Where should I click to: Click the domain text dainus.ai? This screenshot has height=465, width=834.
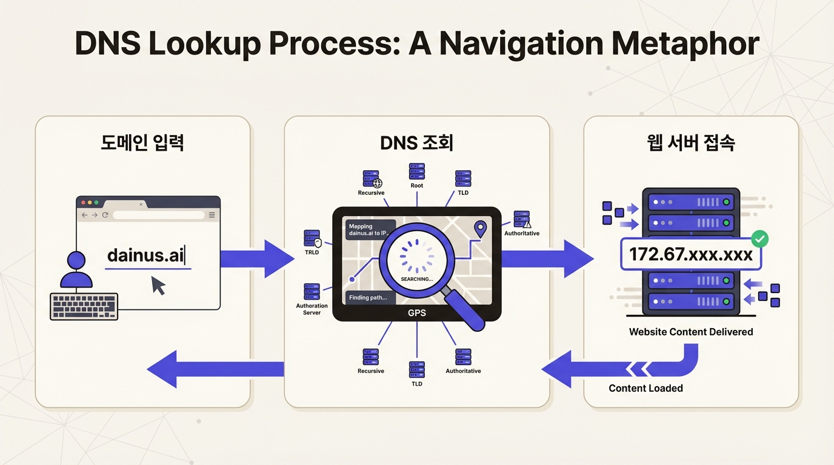pyautogui.click(x=145, y=256)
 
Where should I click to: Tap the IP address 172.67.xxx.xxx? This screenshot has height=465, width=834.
pyautogui.click(x=690, y=254)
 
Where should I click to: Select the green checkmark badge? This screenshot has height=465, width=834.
pyautogui.click(x=759, y=239)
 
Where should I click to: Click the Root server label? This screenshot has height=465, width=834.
pyautogui.click(x=417, y=185)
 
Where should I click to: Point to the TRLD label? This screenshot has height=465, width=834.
pyautogui.click(x=312, y=252)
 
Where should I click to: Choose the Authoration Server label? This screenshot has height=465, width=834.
pyautogui.click(x=312, y=309)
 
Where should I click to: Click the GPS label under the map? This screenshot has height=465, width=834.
pyautogui.click(x=416, y=313)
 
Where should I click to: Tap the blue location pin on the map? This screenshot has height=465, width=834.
pyautogui.click(x=481, y=229)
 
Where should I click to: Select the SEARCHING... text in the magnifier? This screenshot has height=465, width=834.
pyautogui.click(x=417, y=279)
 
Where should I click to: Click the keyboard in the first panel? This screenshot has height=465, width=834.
pyautogui.click(x=84, y=306)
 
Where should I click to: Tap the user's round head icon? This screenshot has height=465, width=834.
pyautogui.click(x=76, y=260)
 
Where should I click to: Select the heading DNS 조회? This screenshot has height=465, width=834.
pyautogui.click(x=416, y=143)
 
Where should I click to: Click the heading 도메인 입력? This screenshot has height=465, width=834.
pyautogui.click(x=142, y=143)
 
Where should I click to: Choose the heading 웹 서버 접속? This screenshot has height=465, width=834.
pyautogui.click(x=691, y=143)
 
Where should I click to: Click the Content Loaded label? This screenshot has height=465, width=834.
pyautogui.click(x=646, y=388)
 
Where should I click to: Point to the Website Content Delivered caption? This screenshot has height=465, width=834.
pyautogui.click(x=691, y=332)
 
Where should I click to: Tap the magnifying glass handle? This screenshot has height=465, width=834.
pyautogui.click(x=469, y=309)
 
